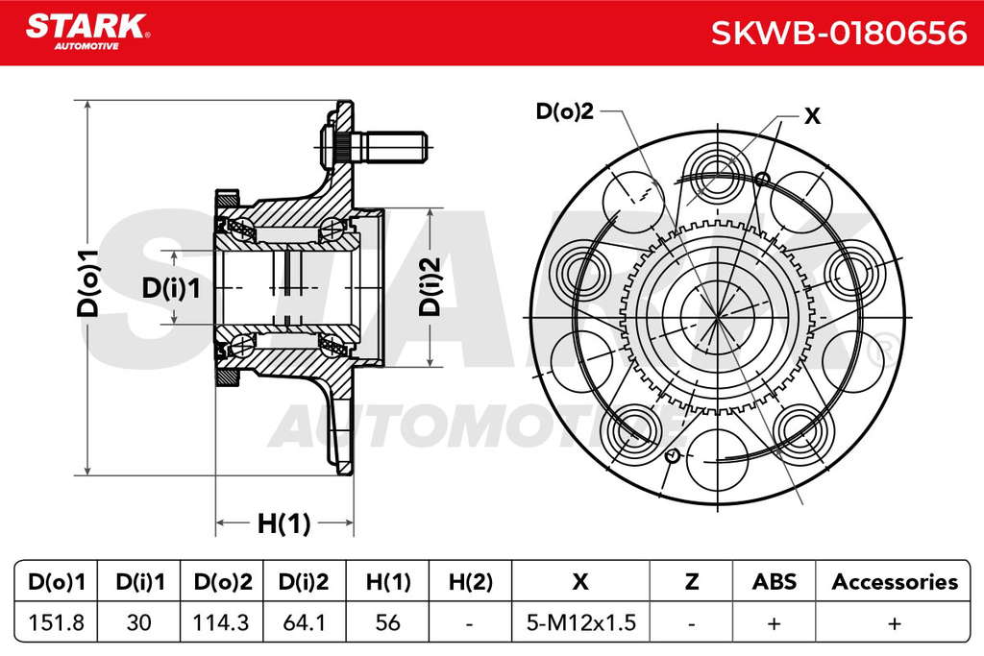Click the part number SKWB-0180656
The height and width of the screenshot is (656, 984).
tap(839, 33)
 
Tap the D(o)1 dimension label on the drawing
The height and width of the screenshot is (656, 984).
tap(88, 282)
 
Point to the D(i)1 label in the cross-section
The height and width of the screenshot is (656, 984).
tap(171, 288)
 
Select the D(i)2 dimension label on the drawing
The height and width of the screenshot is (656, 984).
tap(430, 286)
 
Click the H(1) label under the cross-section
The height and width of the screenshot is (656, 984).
tap(283, 522)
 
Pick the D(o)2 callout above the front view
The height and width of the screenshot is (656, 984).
tap(564, 111)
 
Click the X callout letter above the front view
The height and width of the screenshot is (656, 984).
tap(812, 116)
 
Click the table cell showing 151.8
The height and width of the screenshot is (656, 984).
tap(57, 622)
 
